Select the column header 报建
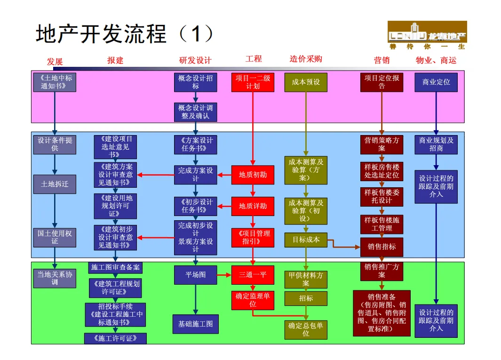tap(115, 60)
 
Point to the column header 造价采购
tap(306, 59)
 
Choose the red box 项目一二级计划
tap(253, 82)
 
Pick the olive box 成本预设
tap(306, 82)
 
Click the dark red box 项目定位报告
tap(382, 82)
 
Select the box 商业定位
tap(436, 82)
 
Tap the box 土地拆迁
tap(55, 184)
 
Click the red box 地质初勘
tap(253, 175)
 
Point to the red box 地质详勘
tap(253, 206)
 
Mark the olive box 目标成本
tap(306, 240)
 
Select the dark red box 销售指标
tap(382, 247)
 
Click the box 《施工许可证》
tap(115, 338)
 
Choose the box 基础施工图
tap(196, 324)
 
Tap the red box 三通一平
tap(253, 275)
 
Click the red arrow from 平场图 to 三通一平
tap(224, 275)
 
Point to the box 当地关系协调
tap(55, 278)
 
